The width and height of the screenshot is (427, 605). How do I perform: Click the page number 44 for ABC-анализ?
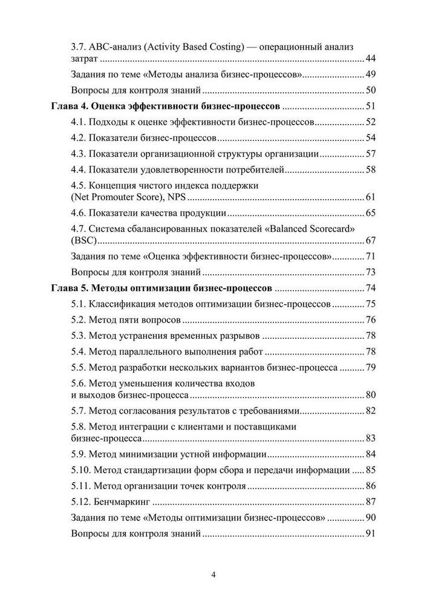point(371,59)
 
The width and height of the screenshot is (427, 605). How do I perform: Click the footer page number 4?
point(213,574)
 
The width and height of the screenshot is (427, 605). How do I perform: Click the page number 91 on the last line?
point(371,534)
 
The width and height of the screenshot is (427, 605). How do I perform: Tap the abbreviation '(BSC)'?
point(84,240)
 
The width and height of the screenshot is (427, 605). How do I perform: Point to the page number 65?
point(371,213)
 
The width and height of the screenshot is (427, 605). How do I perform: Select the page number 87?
point(371,502)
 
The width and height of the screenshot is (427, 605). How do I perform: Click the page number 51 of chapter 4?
point(371,106)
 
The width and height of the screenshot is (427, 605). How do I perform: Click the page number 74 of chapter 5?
point(371,288)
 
